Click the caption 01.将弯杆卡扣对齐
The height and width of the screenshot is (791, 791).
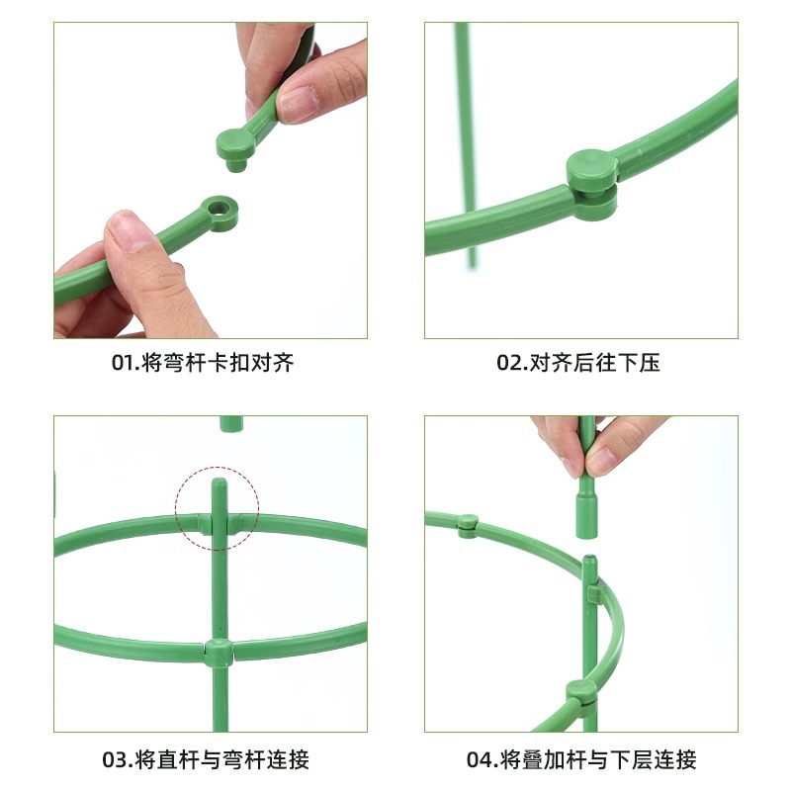pos(202,364)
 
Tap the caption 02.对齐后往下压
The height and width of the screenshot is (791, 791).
pos(577,364)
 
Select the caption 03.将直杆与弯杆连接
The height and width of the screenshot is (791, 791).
pos(206,760)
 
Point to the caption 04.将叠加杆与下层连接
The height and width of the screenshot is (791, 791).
pos(581,760)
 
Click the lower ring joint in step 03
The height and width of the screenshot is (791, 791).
pos(220,651)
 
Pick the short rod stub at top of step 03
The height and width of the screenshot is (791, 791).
pos(230,423)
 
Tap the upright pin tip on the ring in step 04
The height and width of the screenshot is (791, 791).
pos(589,566)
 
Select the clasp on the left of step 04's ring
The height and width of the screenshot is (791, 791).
pos(468,524)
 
